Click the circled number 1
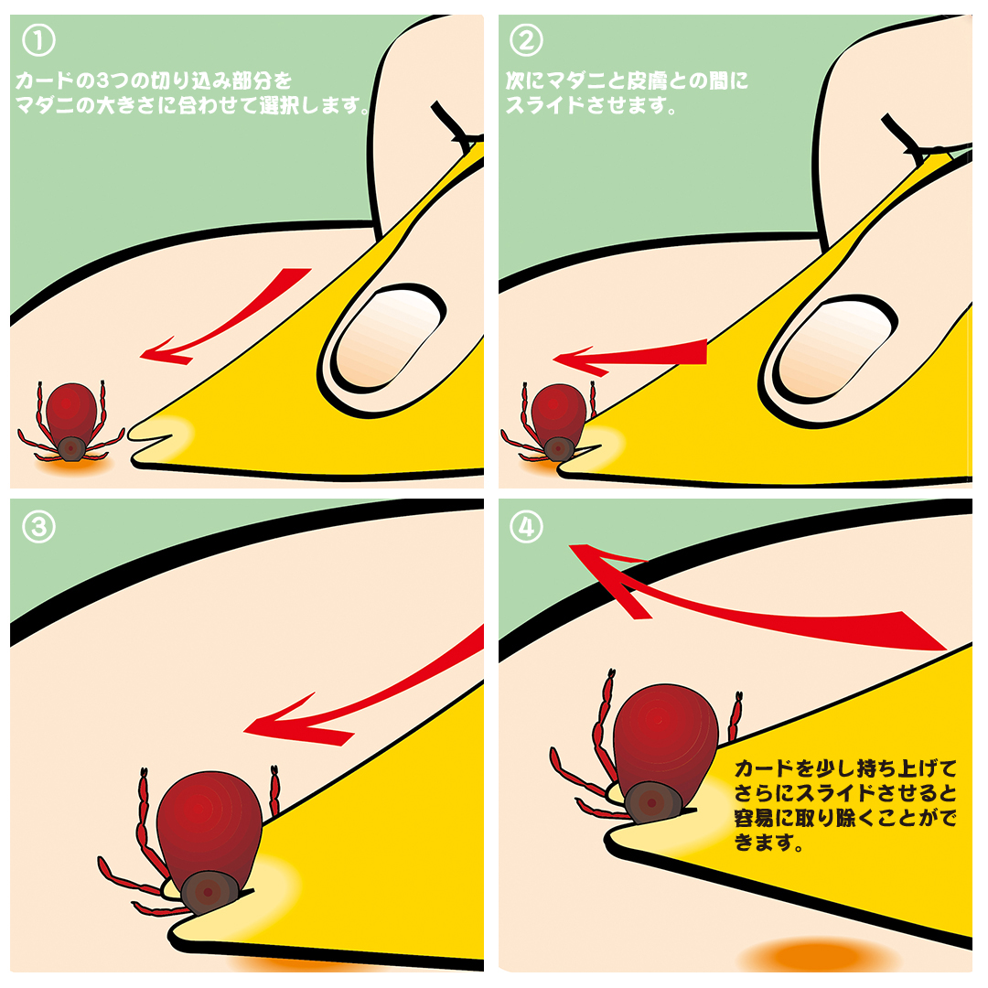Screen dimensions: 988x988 click(x=38, y=40)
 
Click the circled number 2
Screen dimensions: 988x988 click(x=526, y=40)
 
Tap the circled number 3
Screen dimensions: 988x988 click(x=38, y=527)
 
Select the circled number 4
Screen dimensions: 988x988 click(x=526, y=527)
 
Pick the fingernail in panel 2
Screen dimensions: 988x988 click(x=835, y=349)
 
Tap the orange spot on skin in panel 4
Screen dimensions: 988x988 click(x=819, y=955)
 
